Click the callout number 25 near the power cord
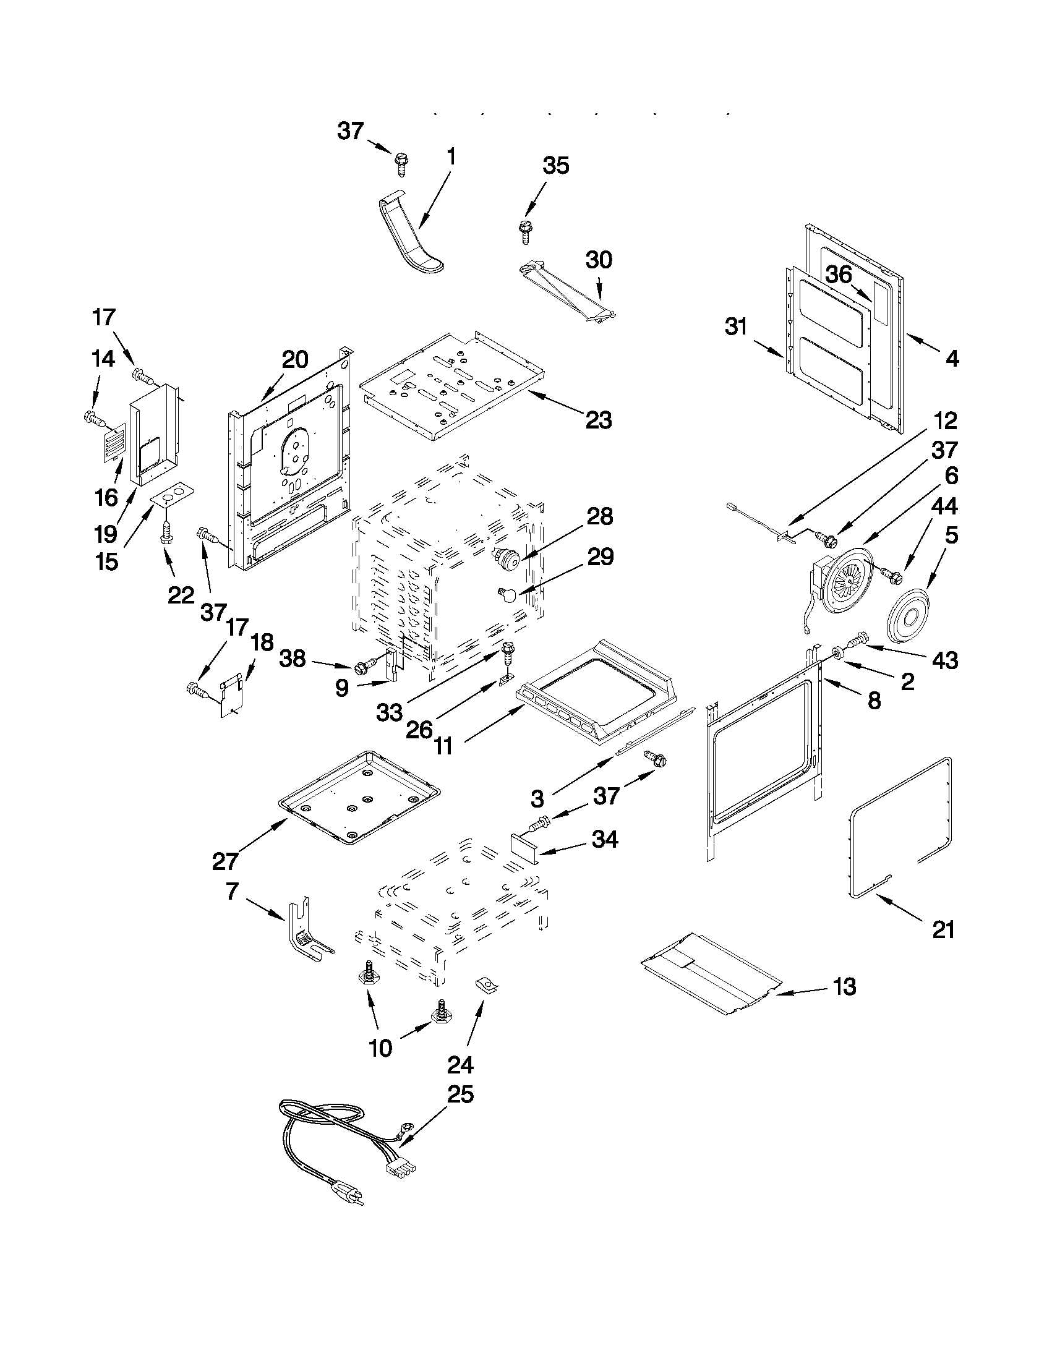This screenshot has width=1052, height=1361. [460, 1094]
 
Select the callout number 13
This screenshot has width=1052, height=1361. [844, 986]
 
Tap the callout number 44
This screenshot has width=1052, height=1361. [944, 505]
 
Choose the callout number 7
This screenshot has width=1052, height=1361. [232, 891]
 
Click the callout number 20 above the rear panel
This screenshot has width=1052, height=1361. [294, 359]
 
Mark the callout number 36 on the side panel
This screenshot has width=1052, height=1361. [839, 274]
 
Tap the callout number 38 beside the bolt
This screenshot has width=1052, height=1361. [293, 659]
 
